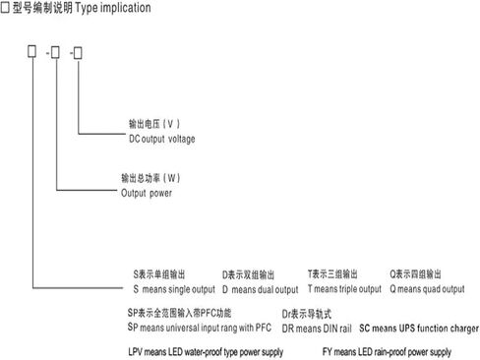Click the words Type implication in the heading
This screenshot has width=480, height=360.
click(x=113, y=8)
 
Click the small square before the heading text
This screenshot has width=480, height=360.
click(x=5, y=8)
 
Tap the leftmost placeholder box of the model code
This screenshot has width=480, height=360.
click(x=31, y=51)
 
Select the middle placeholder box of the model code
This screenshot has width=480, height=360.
click(x=55, y=52)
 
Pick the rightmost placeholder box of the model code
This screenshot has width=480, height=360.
click(x=78, y=53)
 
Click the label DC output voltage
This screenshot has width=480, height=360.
click(x=162, y=139)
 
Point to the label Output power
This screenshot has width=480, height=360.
click(x=147, y=193)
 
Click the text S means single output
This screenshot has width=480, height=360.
click(x=174, y=289)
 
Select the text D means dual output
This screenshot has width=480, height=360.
click(x=261, y=290)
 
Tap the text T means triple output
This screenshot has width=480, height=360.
click(x=344, y=289)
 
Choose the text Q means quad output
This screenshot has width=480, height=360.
click(x=427, y=289)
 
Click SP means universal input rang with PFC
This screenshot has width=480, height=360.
click(x=200, y=328)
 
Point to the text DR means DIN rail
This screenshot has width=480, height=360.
click(x=317, y=329)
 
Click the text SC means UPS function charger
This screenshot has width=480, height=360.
click(x=419, y=329)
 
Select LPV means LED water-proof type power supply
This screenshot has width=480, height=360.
click(x=206, y=352)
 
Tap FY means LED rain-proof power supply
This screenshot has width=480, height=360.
click(x=387, y=352)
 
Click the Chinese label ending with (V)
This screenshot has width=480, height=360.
click(x=154, y=124)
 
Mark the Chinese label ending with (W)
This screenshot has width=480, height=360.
click(x=150, y=178)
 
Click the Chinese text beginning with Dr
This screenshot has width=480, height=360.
click(x=307, y=314)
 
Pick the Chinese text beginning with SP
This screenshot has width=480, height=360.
click(x=179, y=313)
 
